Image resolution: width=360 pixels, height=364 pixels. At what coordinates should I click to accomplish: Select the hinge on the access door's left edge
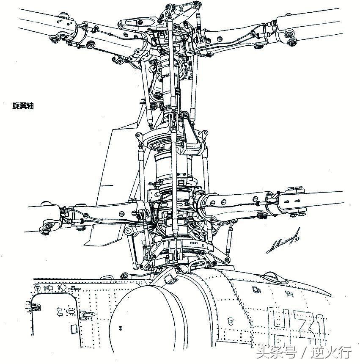tap(29, 305)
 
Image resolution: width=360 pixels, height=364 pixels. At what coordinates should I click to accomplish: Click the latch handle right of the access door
tap(87, 314)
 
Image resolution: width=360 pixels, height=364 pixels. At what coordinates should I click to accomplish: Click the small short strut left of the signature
tap(231, 239)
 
